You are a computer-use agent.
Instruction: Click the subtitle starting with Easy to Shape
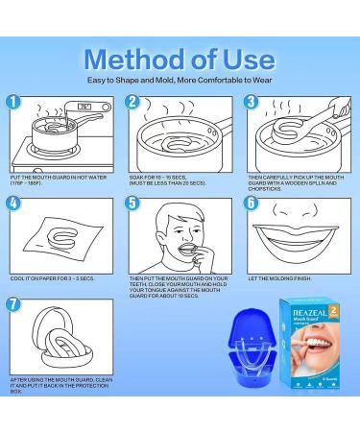180,80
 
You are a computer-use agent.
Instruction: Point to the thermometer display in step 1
60,107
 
